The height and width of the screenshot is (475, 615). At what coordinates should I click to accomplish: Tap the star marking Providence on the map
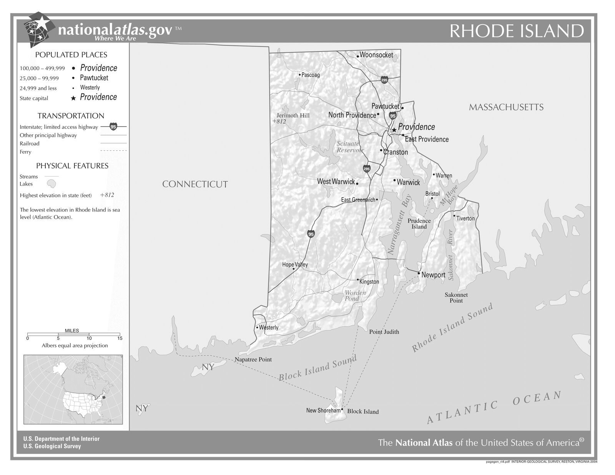394,130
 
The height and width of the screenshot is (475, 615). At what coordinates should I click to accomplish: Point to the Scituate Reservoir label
349,147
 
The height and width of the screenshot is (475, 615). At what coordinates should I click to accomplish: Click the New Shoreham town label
323,410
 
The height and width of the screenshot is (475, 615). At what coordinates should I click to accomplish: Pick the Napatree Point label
253,360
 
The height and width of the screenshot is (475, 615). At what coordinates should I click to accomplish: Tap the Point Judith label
384,332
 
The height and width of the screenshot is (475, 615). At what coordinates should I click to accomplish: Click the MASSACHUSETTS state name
506,107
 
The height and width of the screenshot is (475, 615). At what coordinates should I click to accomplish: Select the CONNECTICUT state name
195,184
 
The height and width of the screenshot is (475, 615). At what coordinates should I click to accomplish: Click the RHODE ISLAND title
517,31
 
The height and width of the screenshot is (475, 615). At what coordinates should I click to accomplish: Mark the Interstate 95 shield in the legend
113,126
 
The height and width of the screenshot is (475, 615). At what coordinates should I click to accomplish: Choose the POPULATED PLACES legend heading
71,55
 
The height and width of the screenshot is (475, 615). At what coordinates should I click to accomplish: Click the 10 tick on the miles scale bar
89,338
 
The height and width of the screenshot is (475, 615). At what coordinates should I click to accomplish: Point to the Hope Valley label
295,264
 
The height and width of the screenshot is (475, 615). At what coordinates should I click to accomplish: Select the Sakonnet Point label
456,298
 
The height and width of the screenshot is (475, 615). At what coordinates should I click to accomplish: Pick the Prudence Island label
419,224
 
